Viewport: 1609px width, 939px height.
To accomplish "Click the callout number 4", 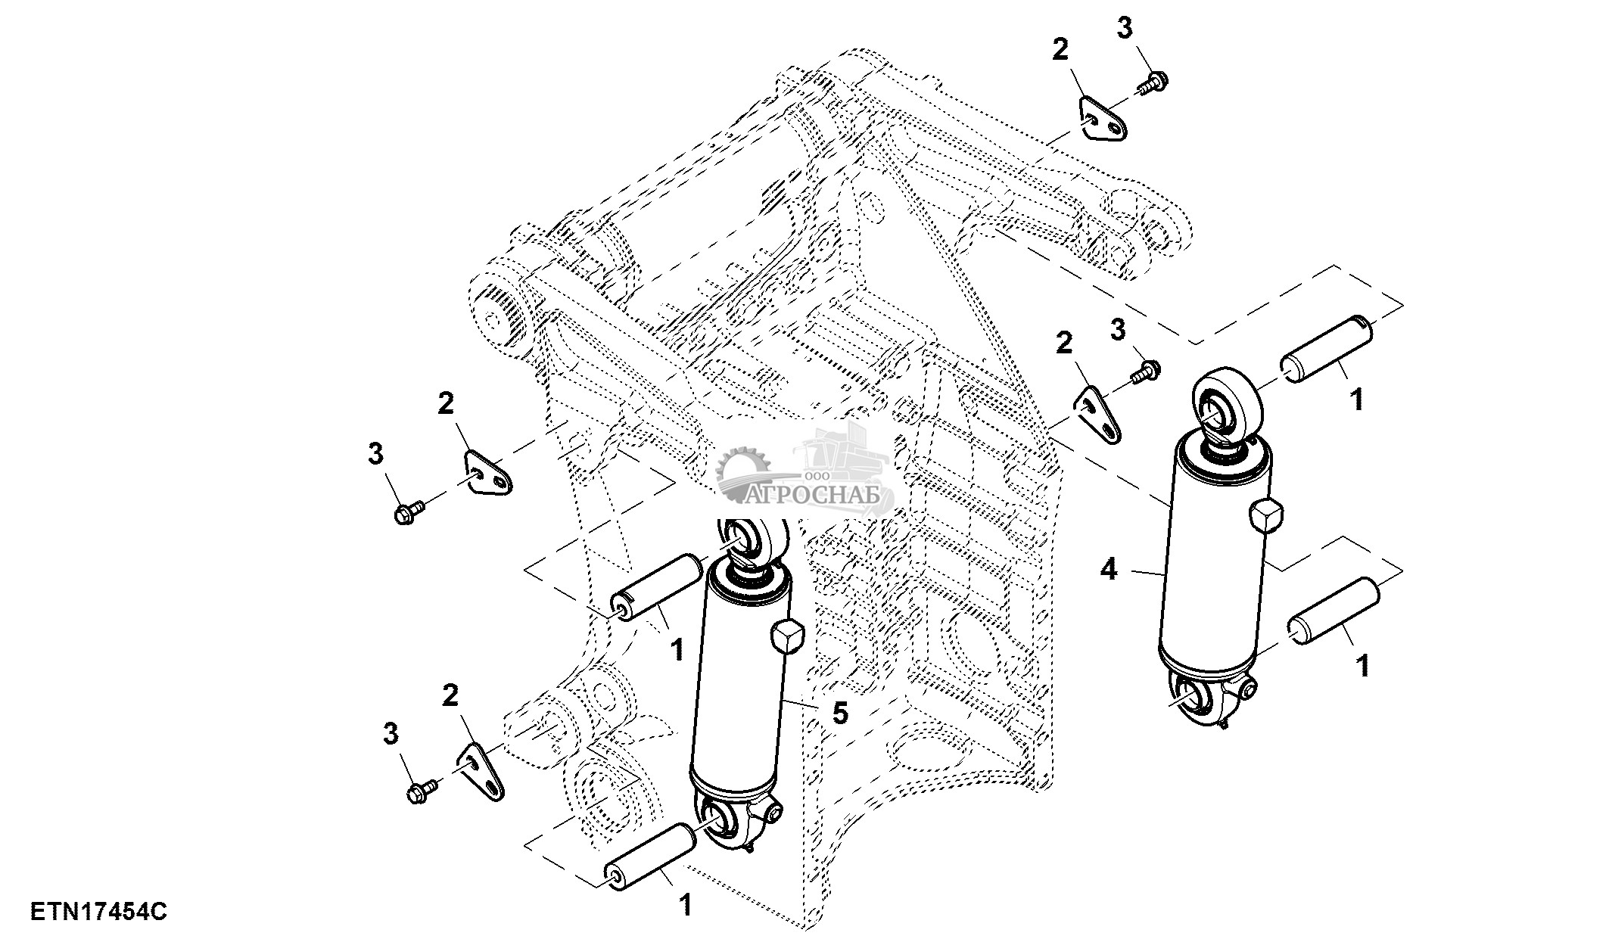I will click(1108, 569).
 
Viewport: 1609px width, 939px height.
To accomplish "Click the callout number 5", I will click(840, 712).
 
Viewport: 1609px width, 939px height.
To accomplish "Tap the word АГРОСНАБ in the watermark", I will click(813, 495).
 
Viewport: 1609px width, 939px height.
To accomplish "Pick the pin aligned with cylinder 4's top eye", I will click(1326, 350).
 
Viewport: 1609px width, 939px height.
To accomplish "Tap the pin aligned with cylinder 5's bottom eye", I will click(650, 857).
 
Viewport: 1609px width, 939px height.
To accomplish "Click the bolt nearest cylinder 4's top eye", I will click(1147, 371).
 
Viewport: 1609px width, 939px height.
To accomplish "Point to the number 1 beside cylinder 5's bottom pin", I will click(686, 905).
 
